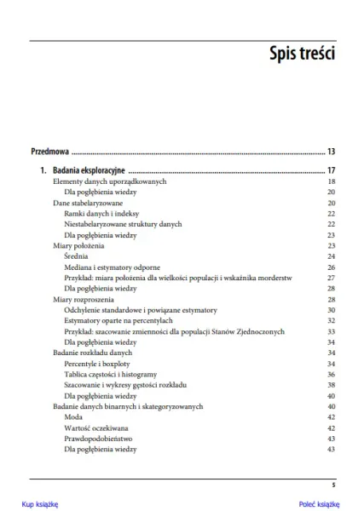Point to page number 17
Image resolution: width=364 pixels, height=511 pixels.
330,169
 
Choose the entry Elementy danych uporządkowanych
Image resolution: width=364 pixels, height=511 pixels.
109,181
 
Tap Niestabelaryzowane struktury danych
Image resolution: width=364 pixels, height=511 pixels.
124,224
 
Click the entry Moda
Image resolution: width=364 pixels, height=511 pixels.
73,417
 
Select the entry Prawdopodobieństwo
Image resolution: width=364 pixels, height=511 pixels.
100,439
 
